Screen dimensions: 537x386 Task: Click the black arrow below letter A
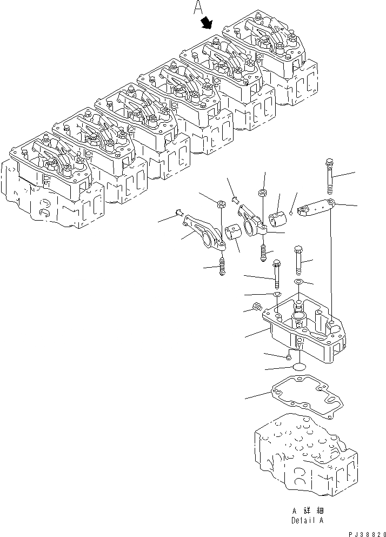[207, 23]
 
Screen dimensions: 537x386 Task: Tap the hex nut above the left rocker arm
[221, 204]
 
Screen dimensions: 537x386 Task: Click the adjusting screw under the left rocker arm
[222, 266]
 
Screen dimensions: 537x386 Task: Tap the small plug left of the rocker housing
[258, 307]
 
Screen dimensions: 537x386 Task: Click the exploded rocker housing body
[303, 330]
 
